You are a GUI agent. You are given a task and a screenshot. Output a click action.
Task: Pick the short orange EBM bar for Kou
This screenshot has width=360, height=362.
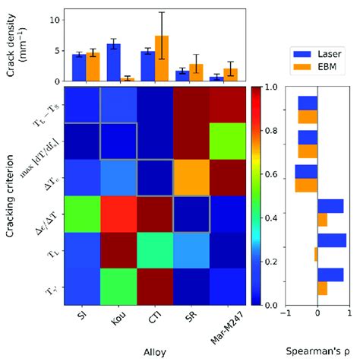(128, 79)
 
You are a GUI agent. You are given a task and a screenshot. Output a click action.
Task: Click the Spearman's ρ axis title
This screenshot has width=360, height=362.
(317, 352)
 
